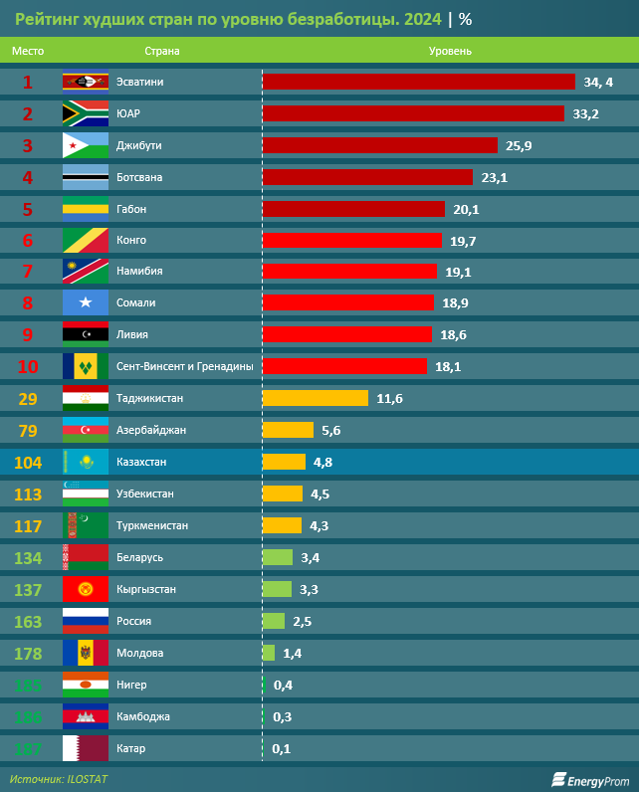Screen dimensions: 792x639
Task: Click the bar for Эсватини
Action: pos(418,82)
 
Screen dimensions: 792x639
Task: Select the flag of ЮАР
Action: pos(85,113)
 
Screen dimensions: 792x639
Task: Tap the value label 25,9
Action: pos(519,145)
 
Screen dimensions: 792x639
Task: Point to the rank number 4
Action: pos(28,177)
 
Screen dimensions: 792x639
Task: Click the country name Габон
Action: pos(132,209)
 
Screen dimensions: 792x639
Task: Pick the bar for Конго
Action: pos(351,240)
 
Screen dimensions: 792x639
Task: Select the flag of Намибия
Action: pos(85,271)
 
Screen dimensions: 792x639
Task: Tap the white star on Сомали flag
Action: pos(86,302)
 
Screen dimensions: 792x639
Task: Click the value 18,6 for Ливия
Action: pos(453,334)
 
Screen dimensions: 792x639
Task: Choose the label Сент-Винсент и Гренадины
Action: pos(184,366)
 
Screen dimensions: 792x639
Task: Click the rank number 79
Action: pos(28,430)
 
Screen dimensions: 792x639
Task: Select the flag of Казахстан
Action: pos(85,462)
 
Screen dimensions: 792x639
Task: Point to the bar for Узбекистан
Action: pos(282,494)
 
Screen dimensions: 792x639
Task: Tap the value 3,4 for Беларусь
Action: pos(310,557)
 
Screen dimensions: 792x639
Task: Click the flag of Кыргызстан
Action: pos(85,589)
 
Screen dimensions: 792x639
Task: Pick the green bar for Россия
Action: pos(273,621)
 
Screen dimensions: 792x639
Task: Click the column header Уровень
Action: pos(450,50)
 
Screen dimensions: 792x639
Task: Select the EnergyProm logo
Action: pos(591,779)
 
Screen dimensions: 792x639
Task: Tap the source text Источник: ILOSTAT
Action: pos(59,779)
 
